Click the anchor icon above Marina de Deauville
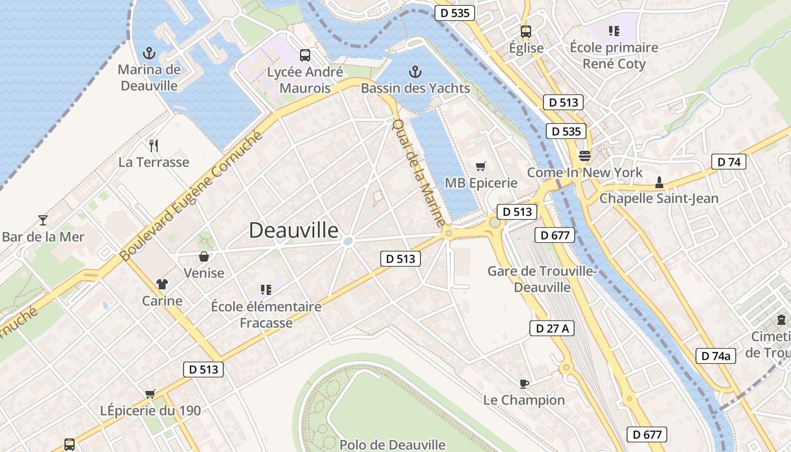coord(149,54)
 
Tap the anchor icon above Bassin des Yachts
coord(415,72)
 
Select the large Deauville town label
coord(294,231)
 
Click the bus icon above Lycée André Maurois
coord(305,55)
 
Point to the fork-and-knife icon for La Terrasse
coord(154,146)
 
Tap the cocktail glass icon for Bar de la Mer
coord(42,220)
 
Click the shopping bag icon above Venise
coord(204,257)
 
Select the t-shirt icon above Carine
coord(162,284)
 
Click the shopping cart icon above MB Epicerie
coord(481,166)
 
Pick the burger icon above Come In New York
coord(584,155)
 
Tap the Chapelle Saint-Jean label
coord(659,198)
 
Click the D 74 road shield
coord(728,162)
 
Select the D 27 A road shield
coord(551,328)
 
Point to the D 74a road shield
coord(715,355)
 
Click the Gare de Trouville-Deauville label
coord(542,279)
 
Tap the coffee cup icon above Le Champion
coord(524,384)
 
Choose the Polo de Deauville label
coord(392,445)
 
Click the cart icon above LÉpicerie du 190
coord(150,394)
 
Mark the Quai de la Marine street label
coord(418,173)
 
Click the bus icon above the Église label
coord(526,32)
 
